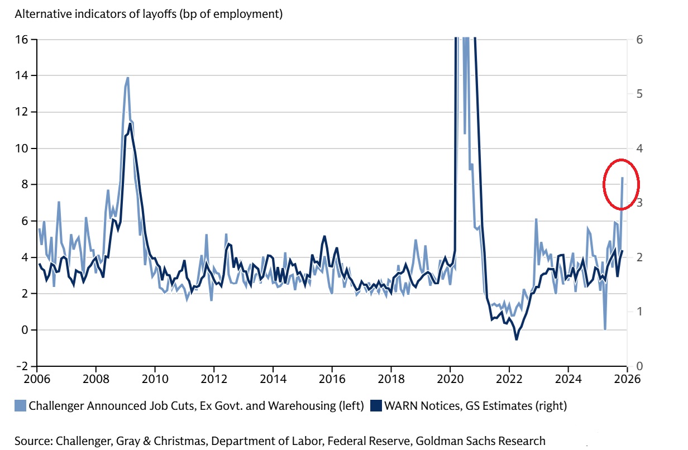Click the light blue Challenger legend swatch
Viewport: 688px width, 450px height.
[x=20, y=406]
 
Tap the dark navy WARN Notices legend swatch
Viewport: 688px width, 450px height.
[x=376, y=406]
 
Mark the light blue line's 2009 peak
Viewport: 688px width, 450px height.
[x=128, y=78]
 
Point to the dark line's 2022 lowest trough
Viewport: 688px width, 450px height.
[x=517, y=339]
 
